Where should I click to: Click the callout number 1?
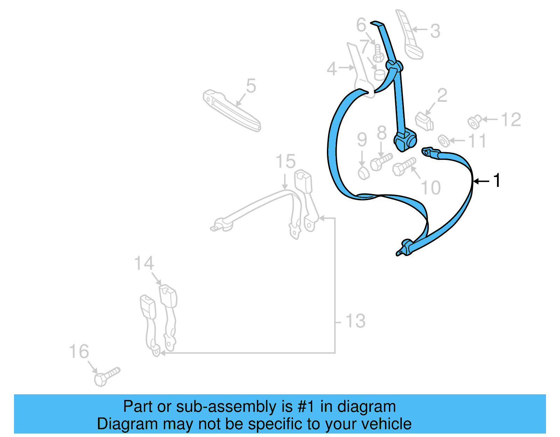496,181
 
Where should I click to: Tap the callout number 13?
355,321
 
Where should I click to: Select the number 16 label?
79,351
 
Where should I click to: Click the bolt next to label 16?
106,376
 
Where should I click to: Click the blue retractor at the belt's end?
405,140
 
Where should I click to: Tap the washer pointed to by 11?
444,140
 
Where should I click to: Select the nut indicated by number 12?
474,122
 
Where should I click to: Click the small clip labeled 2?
425,121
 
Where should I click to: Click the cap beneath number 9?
363,172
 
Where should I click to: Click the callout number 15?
285,161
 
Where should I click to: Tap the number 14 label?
144,263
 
